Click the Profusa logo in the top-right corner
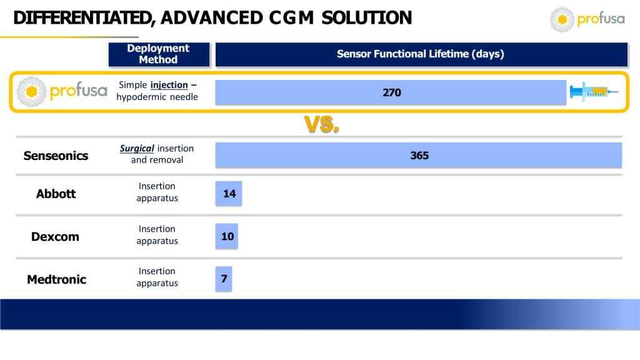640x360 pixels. click(x=587, y=19)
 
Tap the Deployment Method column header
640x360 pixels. click(x=159, y=54)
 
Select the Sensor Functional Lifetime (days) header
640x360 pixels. click(x=421, y=54)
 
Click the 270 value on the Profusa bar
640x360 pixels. click(x=392, y=92)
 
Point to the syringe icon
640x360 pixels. click(x=594, y=92)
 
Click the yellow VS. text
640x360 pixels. click(x=322, y=124)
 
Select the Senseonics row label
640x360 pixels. click(x=56, y=156)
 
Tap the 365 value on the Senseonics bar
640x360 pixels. click(x=419, y=156)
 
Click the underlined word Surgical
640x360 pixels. click(x=137, y=149)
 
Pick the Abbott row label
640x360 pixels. click(x=56, y=194)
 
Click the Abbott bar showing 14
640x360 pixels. click(x=229, y=194)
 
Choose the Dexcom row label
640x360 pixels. click(x=55, y=237)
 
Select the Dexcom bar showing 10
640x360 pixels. click(x=226, y=236)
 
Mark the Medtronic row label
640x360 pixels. click(x=56, y=279)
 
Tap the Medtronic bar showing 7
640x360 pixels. click(x=224, y=279)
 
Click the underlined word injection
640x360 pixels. click(x=169, y=85)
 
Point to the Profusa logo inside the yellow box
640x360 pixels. click(x=62, y=91)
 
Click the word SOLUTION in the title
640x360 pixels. click(x=366, y=18)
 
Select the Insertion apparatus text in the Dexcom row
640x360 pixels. click(x=157, y=235)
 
